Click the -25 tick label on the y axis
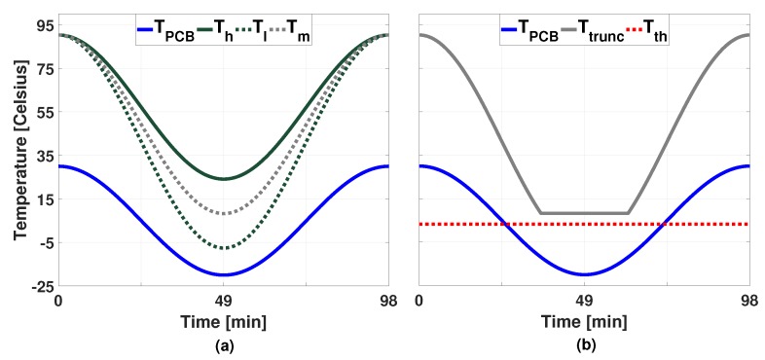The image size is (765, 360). click(x=39, y=286)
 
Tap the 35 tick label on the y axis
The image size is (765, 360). click(x=42, y=156)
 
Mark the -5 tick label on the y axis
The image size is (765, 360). click(x=42, y=242)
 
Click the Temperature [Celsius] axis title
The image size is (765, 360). click(x=18, y=157)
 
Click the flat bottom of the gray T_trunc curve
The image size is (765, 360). click(x=584, y=213)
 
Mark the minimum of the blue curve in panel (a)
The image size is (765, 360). click(x=224, y=274)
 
